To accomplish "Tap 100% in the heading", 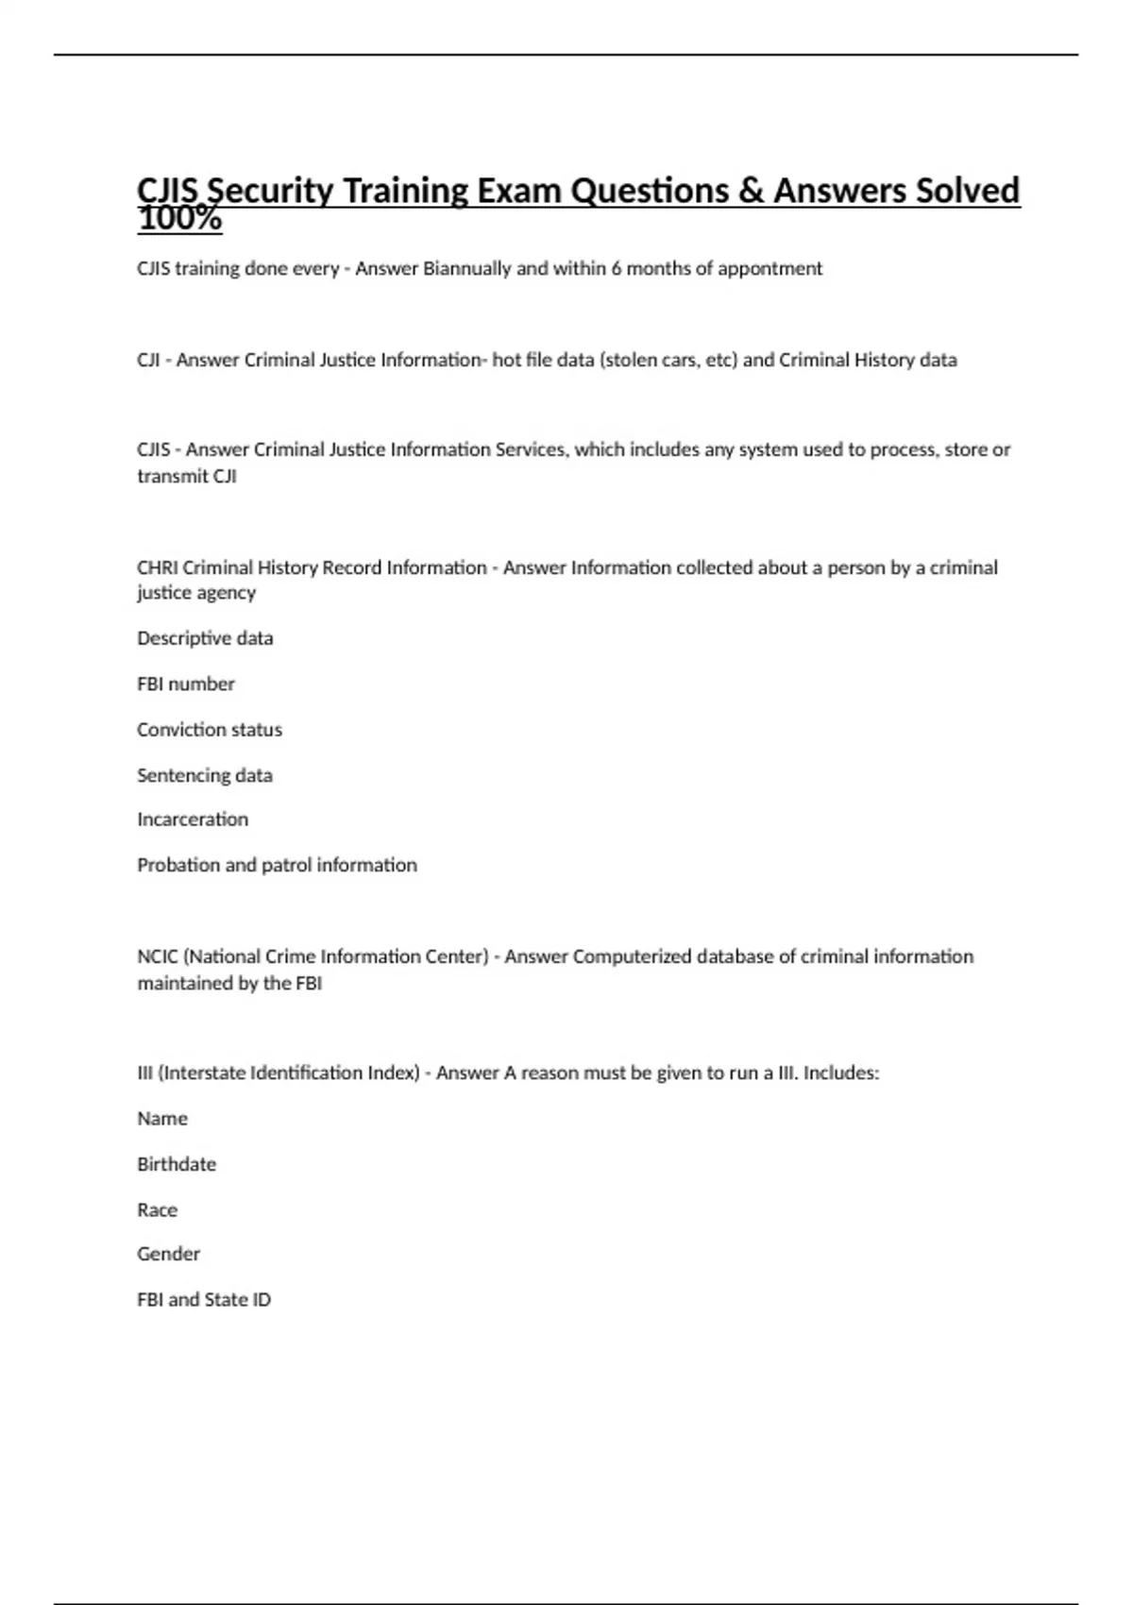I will pos(179,220).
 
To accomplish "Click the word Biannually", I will pos(466,268).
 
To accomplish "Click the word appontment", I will pos(769,268).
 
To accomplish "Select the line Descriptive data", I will pos(205,638).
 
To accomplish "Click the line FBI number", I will pos(186,684).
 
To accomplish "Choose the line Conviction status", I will pos(210,730).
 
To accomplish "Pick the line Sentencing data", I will pos(205,775).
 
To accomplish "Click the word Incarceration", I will pos(193,819).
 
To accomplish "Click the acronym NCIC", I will pos(158,956).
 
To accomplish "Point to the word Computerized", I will pos(632,956).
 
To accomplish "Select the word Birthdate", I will pos(177,1164).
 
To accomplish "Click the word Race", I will pos(157,1210).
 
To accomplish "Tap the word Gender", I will pos(168,1254).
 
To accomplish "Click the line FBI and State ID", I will pos(204,1300).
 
